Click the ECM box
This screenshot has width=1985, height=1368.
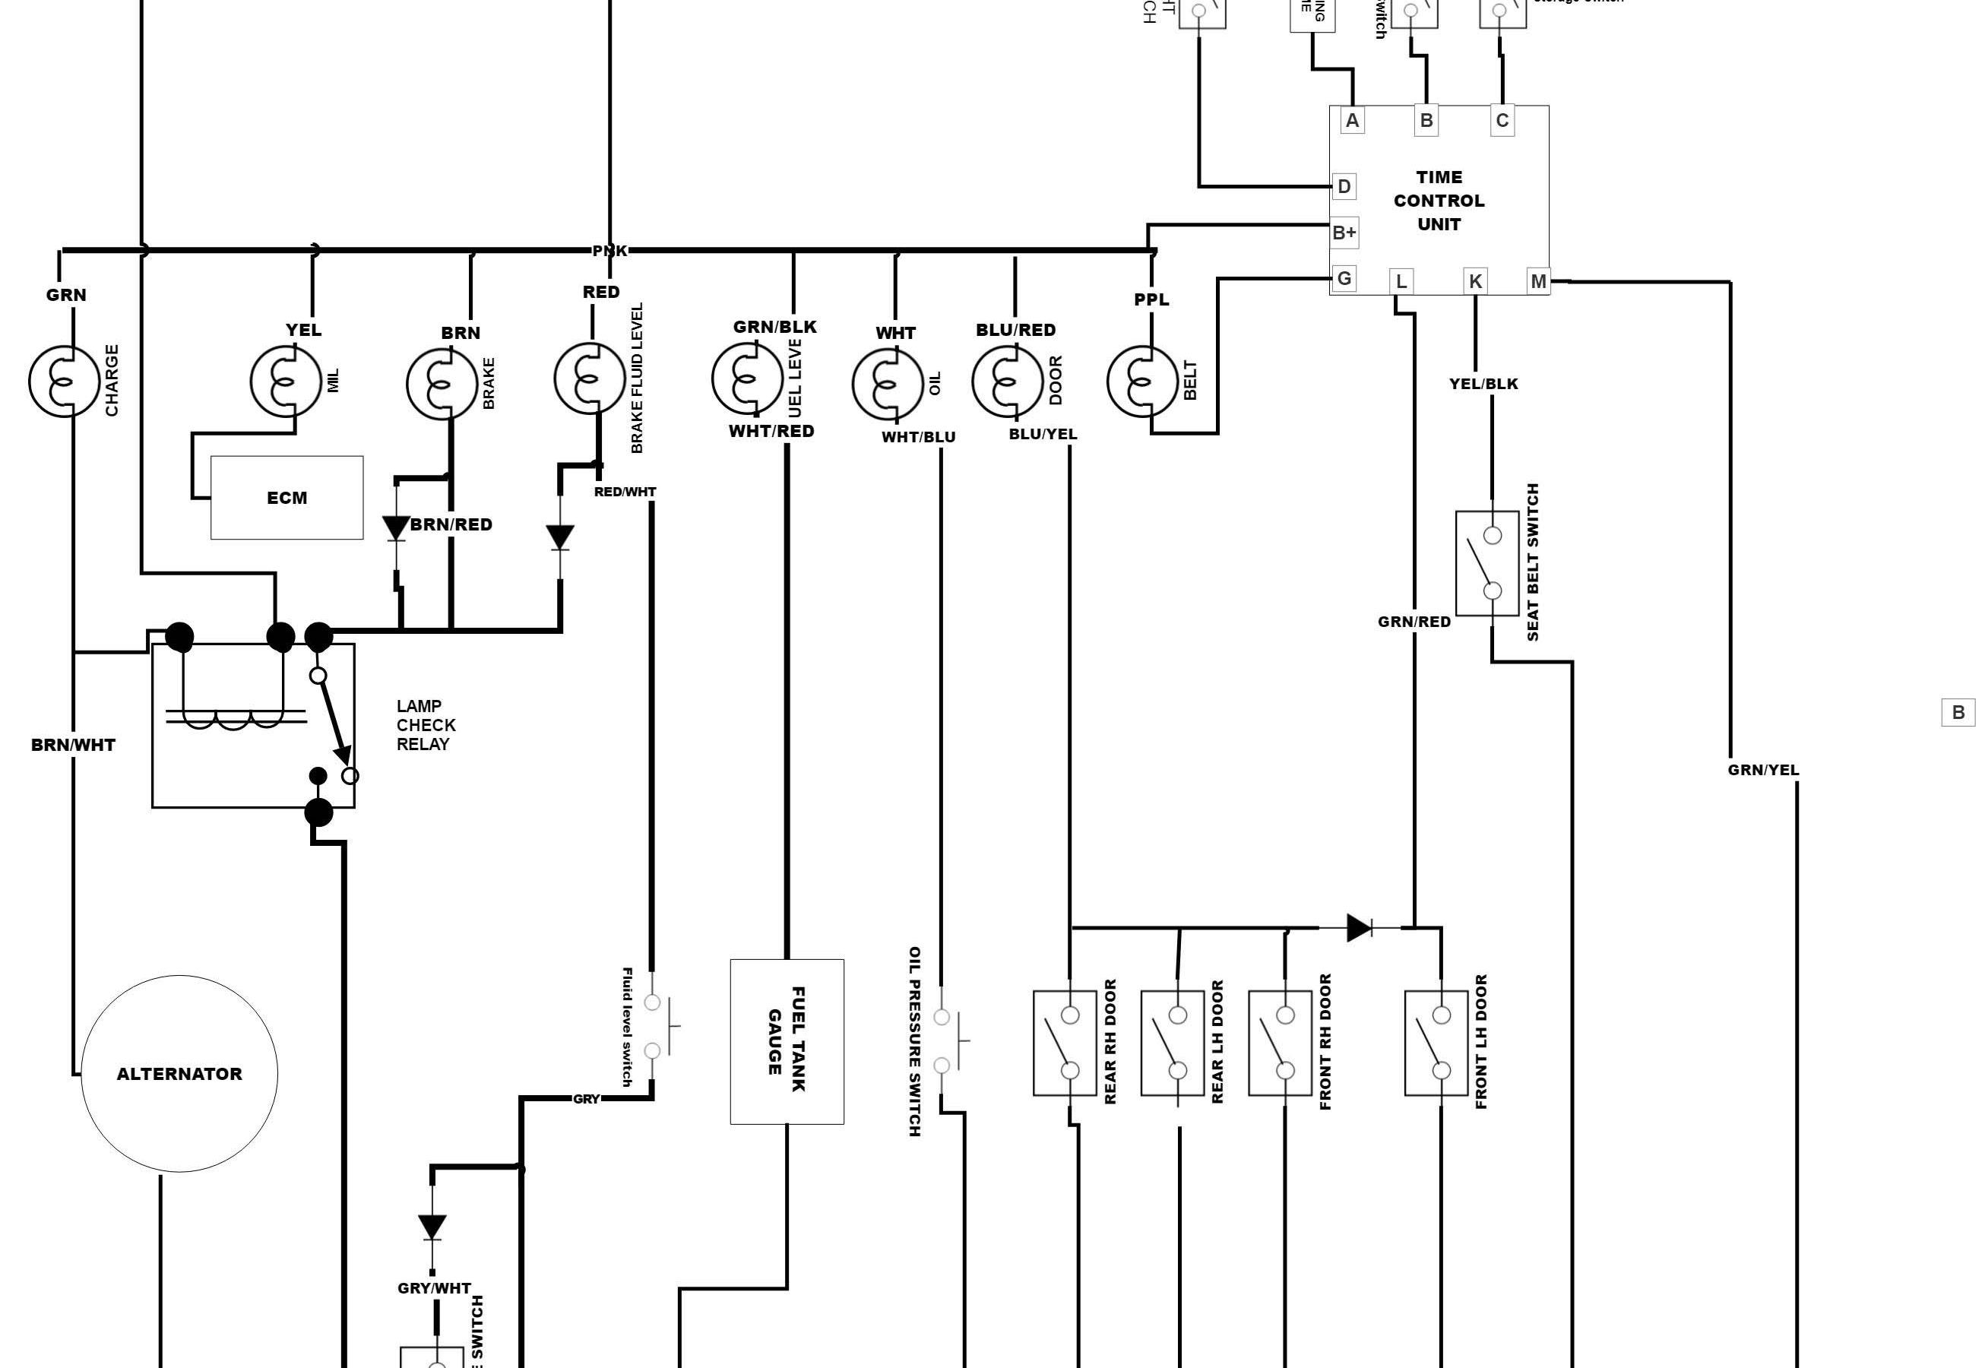[287, 498]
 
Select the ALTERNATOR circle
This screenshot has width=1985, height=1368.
[179, 1073]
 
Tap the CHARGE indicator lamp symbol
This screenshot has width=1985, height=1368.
[63, 382]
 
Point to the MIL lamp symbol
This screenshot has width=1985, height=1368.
[286, 382]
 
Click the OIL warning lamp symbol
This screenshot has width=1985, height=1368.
[887, 385]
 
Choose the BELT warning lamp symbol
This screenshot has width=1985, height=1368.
[1141, 382]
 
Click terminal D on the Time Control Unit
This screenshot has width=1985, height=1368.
[1344, 186]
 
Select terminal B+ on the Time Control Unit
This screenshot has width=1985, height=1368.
[1344, 233]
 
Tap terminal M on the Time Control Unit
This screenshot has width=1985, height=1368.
[1538, 281]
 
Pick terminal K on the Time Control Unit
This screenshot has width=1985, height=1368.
[1475, 281]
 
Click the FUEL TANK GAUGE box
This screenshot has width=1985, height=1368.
[787, 1041]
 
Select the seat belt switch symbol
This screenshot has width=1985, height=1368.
[1487, 563]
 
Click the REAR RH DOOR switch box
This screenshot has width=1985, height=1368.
[1065, 1042]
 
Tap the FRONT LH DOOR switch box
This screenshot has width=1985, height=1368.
[1436, 1042]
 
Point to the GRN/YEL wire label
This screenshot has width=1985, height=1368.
[1763, 770]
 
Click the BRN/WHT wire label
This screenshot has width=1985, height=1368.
[73, 745]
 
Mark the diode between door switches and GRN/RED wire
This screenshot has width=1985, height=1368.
[1359, 927]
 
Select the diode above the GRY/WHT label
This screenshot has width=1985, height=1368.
[432, 1227]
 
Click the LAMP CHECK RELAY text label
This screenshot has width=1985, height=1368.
[426, 725]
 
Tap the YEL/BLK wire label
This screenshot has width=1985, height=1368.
[1483, 384]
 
